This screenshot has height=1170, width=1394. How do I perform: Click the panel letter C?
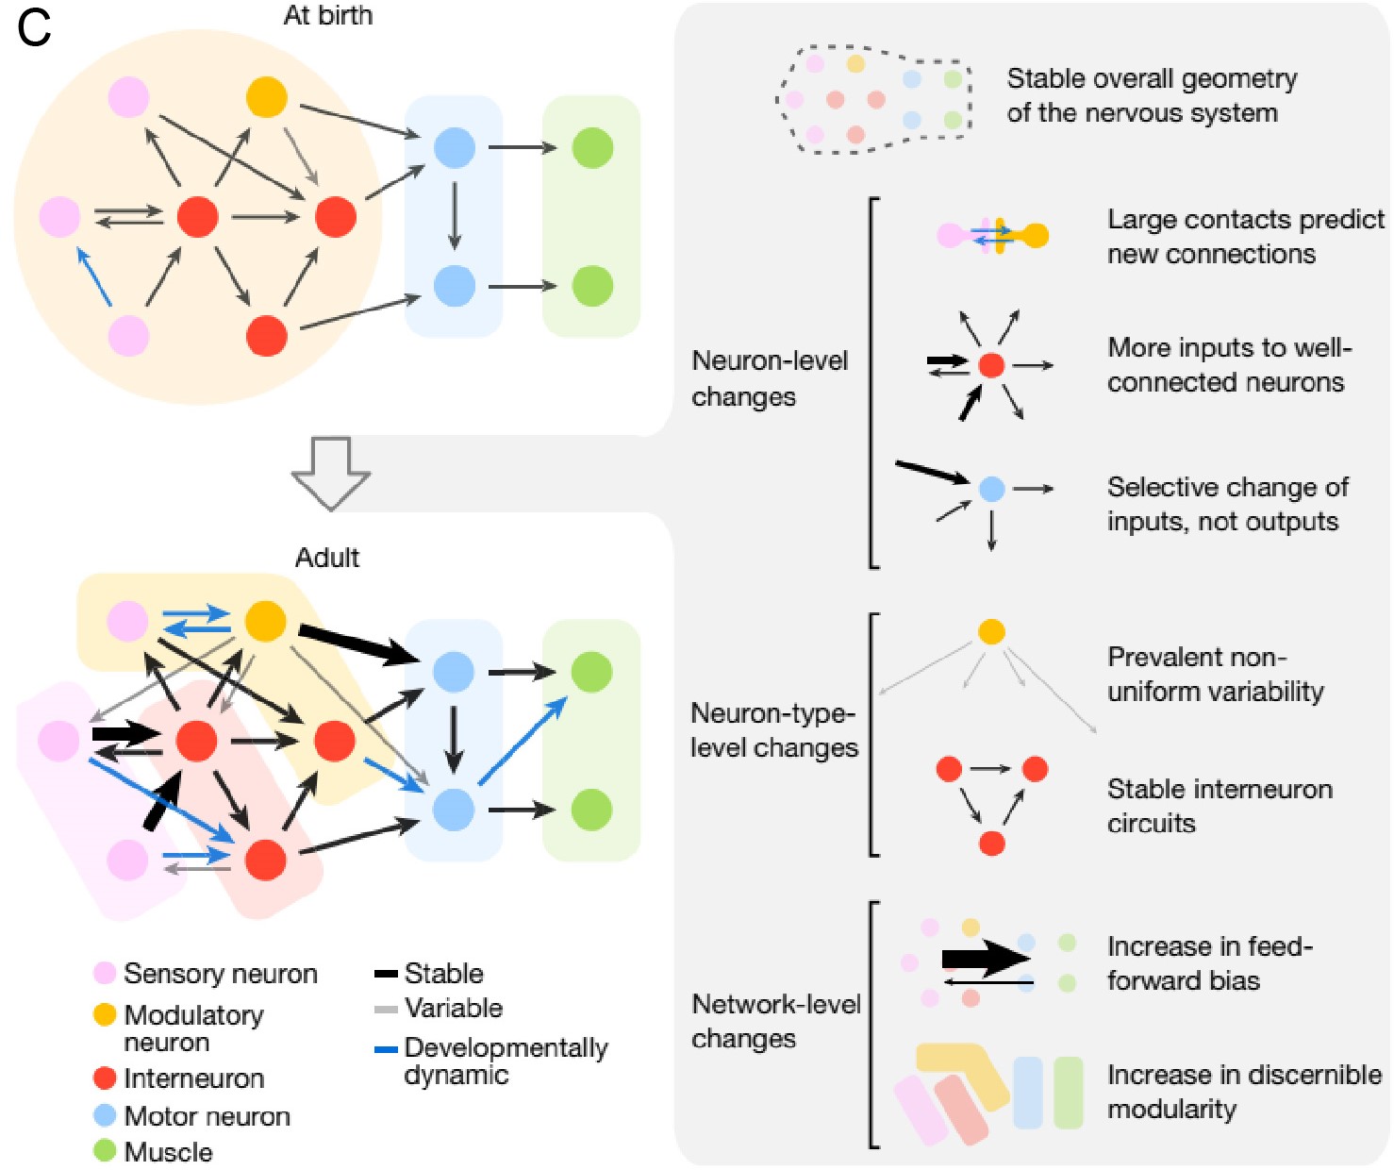34,28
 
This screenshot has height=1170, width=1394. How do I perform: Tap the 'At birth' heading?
328,15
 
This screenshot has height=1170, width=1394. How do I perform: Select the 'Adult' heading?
327,558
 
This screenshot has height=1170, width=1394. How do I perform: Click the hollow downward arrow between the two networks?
330,472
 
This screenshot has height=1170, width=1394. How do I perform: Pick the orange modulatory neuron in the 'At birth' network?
266,97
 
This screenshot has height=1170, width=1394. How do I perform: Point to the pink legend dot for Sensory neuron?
105,973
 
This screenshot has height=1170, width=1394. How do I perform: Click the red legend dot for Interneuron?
105,1078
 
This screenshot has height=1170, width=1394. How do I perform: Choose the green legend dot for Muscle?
105,1151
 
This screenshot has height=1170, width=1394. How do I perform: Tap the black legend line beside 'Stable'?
386,974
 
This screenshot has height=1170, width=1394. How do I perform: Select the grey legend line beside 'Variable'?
386,1010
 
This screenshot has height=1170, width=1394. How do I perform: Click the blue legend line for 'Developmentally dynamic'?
386,1049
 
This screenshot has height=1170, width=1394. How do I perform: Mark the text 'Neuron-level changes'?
769,378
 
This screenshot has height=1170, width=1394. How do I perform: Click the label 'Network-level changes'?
775,1021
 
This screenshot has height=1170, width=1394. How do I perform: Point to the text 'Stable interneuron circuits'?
1219,806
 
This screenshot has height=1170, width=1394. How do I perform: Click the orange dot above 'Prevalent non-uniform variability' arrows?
991,631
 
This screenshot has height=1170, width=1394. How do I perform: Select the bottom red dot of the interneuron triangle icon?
991,843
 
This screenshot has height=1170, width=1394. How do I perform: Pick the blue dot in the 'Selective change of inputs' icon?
991,489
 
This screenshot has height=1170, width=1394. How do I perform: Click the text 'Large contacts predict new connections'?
1245,237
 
